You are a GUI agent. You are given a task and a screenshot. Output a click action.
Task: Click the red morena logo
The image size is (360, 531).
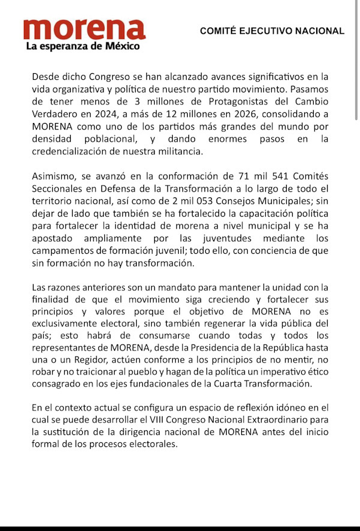[84, 29]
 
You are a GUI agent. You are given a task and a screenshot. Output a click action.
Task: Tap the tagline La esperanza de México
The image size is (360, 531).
[82, 46]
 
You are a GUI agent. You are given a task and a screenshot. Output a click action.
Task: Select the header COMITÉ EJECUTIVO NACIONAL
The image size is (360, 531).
[272, 31]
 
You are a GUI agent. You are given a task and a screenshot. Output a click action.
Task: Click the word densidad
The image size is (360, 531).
[53, 139]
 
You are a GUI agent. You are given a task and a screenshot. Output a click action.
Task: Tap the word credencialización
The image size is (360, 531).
[70, 152]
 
